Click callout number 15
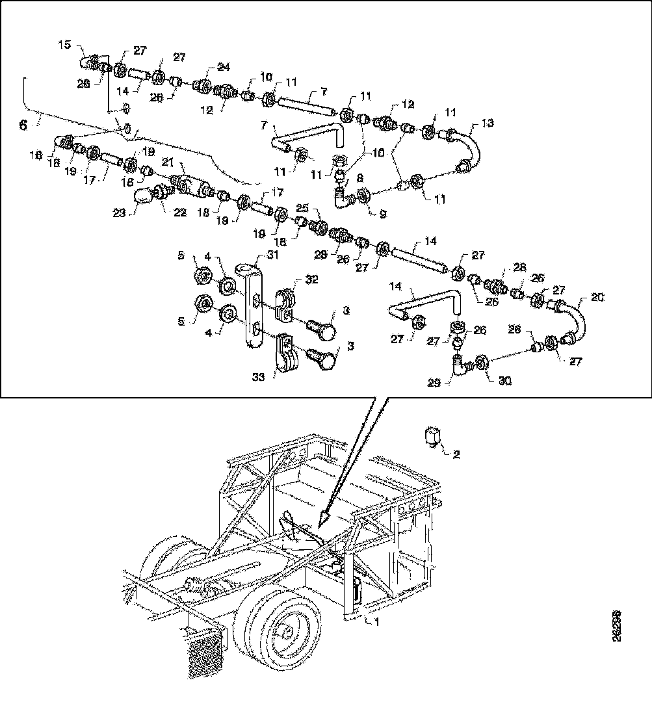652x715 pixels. [65, 45]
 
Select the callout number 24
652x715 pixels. [224, 68]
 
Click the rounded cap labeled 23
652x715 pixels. [142, 197]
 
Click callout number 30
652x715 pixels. [505, 382]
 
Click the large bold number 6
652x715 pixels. [23, 125]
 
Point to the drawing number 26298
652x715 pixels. [616, 627]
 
